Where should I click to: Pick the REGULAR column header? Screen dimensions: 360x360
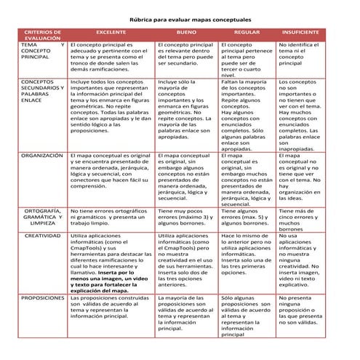click(x=246, y=33)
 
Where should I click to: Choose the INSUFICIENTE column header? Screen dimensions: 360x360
click(x=301, y=33)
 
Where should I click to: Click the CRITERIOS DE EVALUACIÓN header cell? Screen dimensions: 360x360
click(x=43, y=36)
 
